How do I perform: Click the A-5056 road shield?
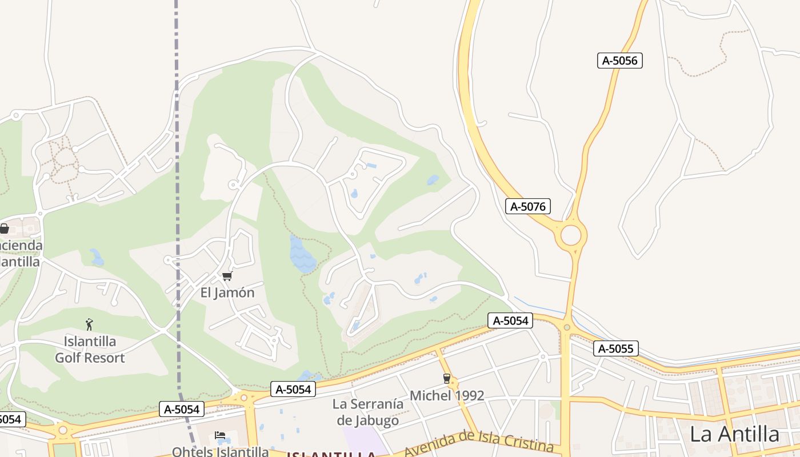tap(620, 61)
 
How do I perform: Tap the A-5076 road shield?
tap(528, 206)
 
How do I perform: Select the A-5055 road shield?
tap(615, 348)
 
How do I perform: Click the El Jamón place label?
tap(227, 292)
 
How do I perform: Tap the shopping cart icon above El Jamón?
tap(227, 276)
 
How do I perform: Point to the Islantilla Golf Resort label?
tap(90, 350)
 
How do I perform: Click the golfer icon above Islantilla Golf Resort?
tap(89, 325)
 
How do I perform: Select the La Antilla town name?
tap(734, 434)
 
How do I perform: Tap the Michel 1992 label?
tap(447, 395)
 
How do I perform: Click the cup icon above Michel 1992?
tap(447, 378)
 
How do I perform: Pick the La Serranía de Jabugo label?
tap(368, 412)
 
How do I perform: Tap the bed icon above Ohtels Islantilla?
tap(220, 436)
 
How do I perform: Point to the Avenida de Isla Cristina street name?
tap(479, 444)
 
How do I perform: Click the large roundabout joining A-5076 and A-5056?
tap(571, 235)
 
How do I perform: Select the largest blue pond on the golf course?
tap(301, 255)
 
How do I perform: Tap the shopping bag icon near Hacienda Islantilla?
tap(4, 228)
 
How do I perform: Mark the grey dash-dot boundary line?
tap(177, 171)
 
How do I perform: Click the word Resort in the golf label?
tap(105, 358)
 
